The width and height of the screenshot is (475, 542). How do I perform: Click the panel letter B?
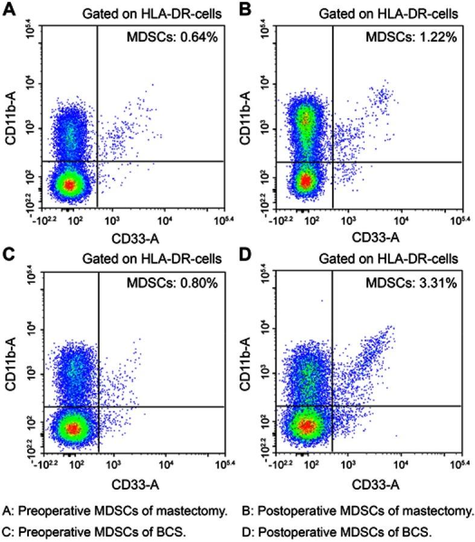[x=246, y=11]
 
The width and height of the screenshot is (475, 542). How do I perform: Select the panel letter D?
[x=246, y=259]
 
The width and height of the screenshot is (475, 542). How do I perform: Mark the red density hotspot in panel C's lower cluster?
[x=72, y=429]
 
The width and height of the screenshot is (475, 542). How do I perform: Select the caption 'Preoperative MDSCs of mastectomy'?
[x=115, y=512]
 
